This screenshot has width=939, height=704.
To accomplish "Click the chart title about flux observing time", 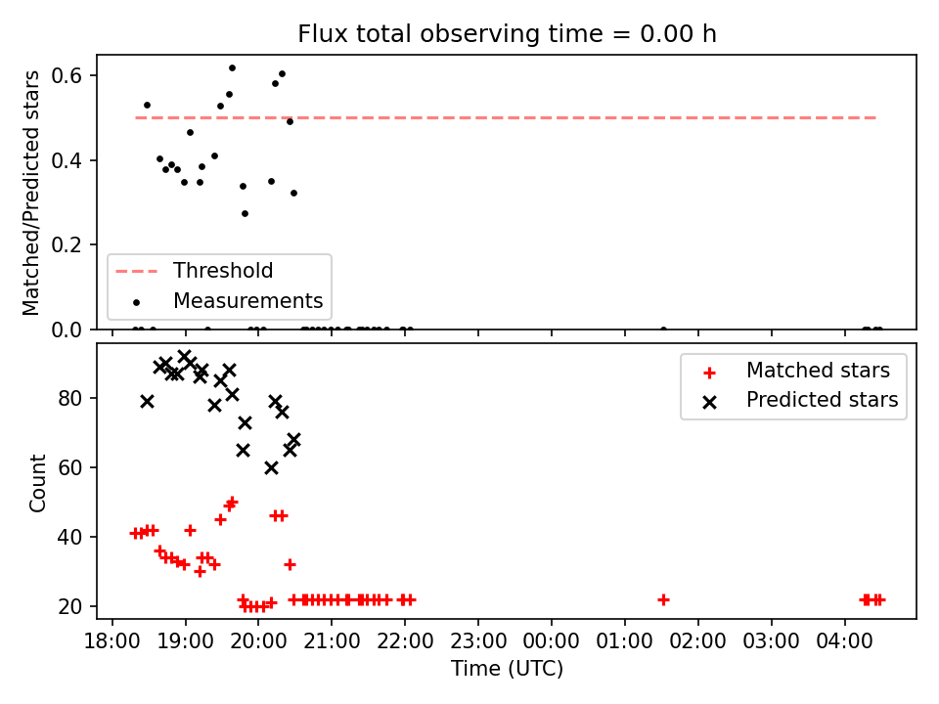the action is tap(507, 34).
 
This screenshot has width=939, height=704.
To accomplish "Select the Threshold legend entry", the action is tap(194, 271).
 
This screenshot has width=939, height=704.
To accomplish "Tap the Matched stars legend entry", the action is tap(796, 371).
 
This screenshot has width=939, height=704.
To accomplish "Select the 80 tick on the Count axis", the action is tap(69, 398).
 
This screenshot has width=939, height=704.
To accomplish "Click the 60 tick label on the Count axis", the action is tap(69, 467).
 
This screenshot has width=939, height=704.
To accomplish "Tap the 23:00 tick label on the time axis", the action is tap(478, 641).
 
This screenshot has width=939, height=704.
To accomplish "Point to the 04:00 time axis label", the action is tap(844, 641).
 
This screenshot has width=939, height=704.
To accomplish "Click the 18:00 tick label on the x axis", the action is tap(112, 641).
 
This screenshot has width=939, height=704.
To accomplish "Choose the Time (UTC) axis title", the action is tap(507, 668).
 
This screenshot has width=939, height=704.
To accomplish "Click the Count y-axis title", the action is tap(37, 483).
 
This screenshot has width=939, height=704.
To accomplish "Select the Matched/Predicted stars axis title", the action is tap(31, 193).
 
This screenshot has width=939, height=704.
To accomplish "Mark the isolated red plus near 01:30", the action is tap(663, 599).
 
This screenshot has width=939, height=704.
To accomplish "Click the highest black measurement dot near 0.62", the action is tap(233, 68).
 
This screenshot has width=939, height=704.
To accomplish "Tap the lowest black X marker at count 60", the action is tap(271, 468).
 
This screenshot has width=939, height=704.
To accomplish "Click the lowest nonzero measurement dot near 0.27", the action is tap(245, 214).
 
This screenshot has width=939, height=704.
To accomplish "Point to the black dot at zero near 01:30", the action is tap(663, 330).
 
